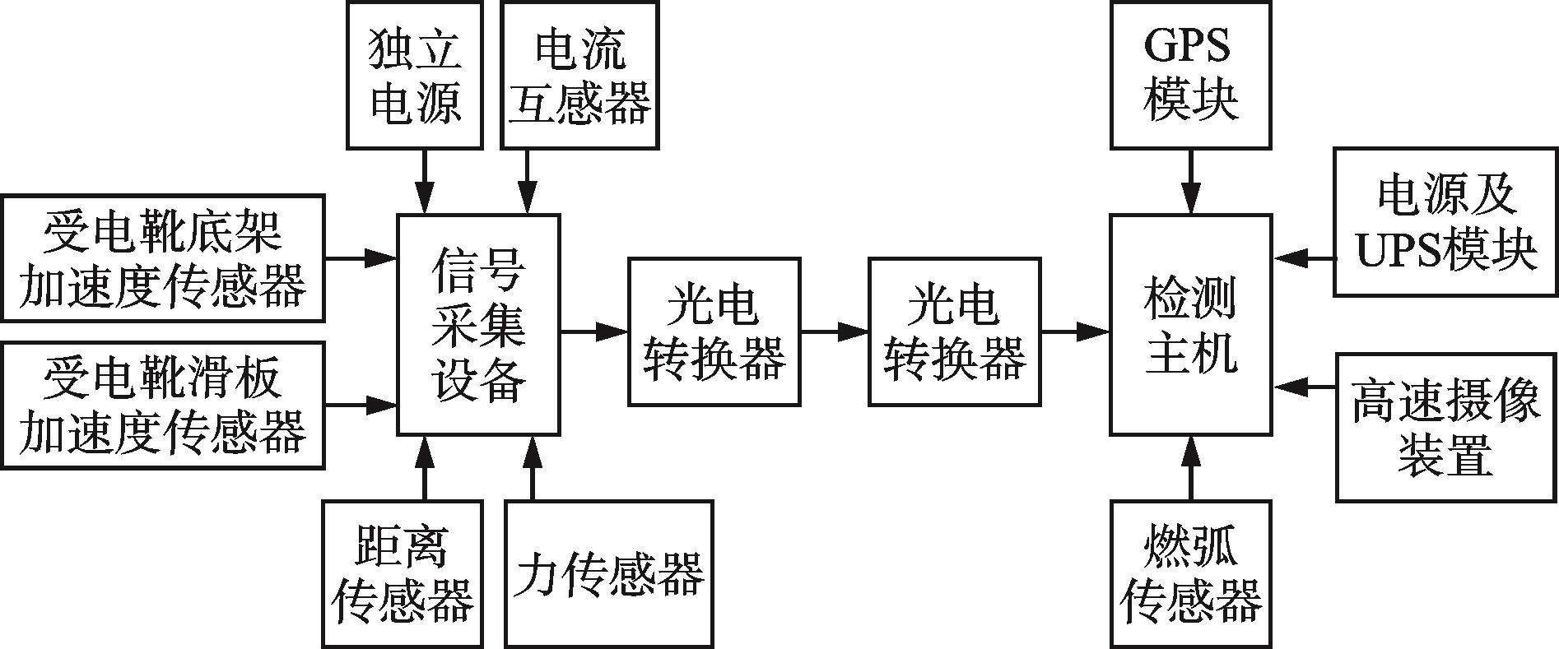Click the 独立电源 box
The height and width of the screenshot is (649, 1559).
pyautogui.click(x=414, y=75)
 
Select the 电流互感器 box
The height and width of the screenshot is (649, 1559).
pyautogui.click(x=579, y=75)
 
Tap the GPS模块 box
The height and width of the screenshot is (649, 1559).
pyautogui.click(x=1189, y=75)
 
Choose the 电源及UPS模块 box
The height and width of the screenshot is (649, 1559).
pyautogui.click(x=1445, y=222)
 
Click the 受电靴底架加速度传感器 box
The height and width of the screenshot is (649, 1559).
pyautogui.click(x=162, y=257)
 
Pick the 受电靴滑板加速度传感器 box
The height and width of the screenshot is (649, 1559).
pyautogui.click(x=162, y=406)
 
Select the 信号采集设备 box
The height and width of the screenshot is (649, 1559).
pyautogui.click(x=478, y=325)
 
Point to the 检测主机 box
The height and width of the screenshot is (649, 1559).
pyautogui.click(x=1189, y=325)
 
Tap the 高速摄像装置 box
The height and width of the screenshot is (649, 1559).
pyautogui.click(x=1445, y=427)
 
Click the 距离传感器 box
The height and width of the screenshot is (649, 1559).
pyautogui.click(x=402, y=573)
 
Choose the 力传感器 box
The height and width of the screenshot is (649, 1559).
pyautogui.click(x=608, y=573)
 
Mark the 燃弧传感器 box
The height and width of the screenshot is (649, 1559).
pyautogui.click(x=1189, y=573)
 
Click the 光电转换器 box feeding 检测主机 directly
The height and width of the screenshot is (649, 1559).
pyautogui.click(x=954, y=331)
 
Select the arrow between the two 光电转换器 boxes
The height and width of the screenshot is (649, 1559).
pyautogui.click(x=834, y=331)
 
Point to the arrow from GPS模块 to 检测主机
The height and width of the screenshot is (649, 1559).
pyautogui.click(x=1189, y=182)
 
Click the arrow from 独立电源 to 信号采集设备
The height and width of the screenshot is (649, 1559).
pyautogui.click(x=425, y=182)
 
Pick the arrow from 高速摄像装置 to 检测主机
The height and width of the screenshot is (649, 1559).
pyautogui.click(x=1304, y=385)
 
